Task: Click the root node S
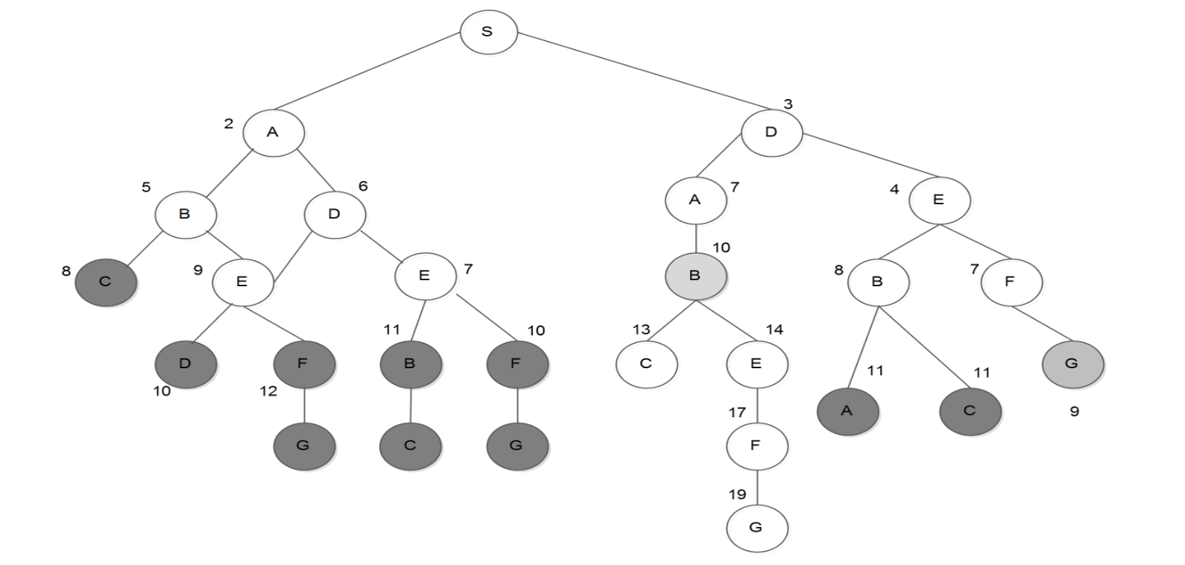click(x=488, y=32)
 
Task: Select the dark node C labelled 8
click(x=106, y=282)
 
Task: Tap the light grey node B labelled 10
click(x=695, y=276)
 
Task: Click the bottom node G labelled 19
click(x=756, y=528)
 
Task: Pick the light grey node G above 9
click(x=1072, y=364)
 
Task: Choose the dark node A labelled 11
click(x=847, y=411)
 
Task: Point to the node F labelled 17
click(x=756, y=446)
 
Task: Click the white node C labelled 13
click(x=646, y=364)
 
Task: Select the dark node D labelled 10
click(x=186, y=364)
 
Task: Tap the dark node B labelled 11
click(x=410, y=364)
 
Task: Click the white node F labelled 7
click(x=1011, y=282)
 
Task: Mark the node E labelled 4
click(x=938, y=200)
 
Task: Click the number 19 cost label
click(x=737, y=494)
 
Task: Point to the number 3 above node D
click(x=788, y=104)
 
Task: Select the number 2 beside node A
click(x=228, y=124)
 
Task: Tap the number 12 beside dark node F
click(x=268, y=391)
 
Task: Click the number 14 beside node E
click(x=774, y=329)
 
